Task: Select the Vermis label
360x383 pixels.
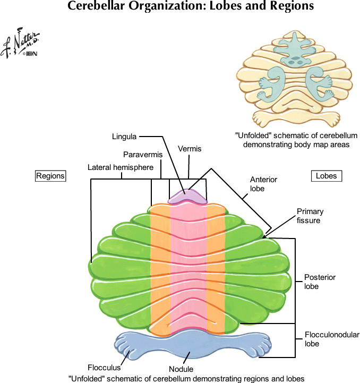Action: pyautogui.click(x=190, y=149)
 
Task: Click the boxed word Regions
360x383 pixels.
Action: pyautogui.click(x=50, y=176)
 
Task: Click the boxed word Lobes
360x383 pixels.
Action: pyautogui.click(x=326, y=176)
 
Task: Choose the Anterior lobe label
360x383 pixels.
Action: pyautogui.click(x=263, y=184)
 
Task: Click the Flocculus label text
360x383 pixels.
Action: pyautogui.click(x=104, y=367)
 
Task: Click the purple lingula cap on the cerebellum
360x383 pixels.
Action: pyautogui.click(x=187, y=197)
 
